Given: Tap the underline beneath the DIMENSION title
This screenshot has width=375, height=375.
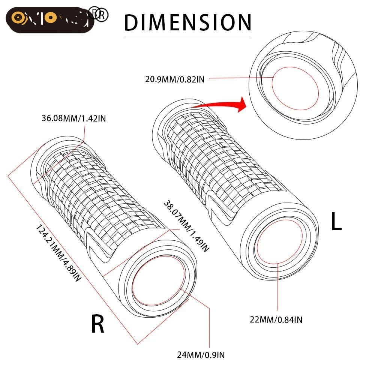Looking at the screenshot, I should tap(187, 36).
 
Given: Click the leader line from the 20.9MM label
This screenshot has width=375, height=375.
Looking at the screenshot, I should tap(240, 78).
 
